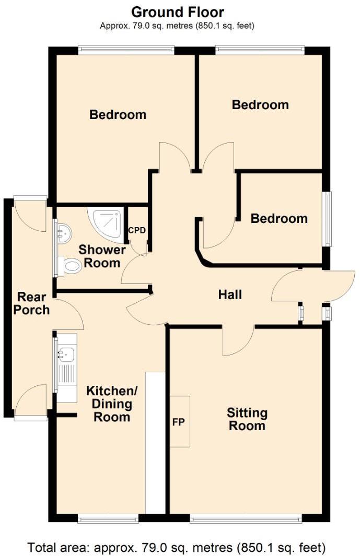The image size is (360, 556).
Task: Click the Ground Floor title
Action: point(177,11)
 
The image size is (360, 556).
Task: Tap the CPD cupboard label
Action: point(137,230)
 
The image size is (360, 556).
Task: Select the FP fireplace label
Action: point(178,422)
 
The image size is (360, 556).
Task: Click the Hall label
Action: point(230,294)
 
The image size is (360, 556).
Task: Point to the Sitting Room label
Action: point(247,419)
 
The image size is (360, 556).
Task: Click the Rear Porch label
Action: point(31,303)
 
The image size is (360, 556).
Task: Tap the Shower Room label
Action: point(102,256)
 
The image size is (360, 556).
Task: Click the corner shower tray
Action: point(107,224)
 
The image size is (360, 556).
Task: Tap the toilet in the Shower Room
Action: point(70,266)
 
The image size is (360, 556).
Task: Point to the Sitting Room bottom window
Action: point(246,518)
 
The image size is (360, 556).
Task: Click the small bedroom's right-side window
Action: point(327,219)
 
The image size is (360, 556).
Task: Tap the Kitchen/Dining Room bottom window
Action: point(108,518)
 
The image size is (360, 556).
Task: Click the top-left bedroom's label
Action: point(118,114)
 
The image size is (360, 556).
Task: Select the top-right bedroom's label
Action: point(260,104)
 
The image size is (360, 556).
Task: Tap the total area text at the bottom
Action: point(177,548)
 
